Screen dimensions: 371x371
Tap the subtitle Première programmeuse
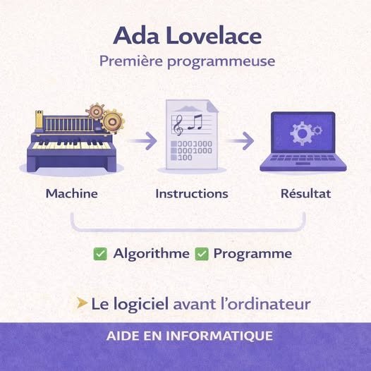tap(185, 61)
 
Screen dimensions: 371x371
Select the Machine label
tap(71, 193)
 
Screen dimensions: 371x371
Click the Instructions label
tap(191, 193)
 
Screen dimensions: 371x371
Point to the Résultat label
tap(305, 193)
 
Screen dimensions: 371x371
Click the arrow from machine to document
tap(142, 140)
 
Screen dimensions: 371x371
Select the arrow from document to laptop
tap(240, 140)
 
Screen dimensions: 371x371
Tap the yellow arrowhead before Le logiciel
tap(83, 304)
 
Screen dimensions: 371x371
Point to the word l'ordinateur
tap(267, 304)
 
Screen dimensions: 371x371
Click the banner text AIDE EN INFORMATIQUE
tap(185, 334)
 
